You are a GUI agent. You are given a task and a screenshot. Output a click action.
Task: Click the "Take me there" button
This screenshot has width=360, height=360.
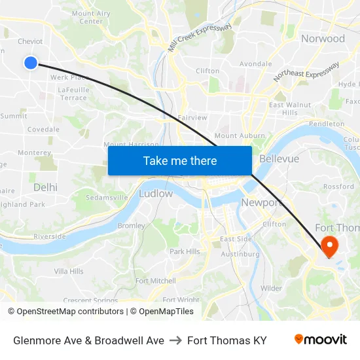180,160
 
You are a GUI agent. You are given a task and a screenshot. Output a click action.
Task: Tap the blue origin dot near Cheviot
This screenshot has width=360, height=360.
31,62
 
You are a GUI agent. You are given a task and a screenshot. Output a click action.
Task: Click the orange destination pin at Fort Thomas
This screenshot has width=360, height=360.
329,247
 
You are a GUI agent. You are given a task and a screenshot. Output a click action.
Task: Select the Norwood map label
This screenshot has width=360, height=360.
323,39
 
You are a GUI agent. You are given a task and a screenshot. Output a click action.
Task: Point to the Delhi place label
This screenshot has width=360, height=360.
45,187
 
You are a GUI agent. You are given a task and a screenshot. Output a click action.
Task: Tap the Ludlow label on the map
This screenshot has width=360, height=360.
156,193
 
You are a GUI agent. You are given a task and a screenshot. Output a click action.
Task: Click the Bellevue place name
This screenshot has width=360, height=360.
279,159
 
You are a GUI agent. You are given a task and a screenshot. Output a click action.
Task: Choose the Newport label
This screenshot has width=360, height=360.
261,202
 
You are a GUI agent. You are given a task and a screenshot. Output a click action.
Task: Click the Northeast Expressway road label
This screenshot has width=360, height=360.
306,72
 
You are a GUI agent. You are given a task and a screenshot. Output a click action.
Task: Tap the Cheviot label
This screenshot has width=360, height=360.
30,41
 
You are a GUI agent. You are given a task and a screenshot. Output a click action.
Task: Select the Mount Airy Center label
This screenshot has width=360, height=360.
91,17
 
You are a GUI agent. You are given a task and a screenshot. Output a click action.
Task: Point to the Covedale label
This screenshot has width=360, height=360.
43,130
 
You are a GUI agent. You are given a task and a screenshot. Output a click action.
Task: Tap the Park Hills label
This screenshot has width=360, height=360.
185,251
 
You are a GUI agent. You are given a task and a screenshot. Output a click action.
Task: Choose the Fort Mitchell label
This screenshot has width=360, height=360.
155,281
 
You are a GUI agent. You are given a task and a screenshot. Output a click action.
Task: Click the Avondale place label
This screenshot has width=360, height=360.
255,64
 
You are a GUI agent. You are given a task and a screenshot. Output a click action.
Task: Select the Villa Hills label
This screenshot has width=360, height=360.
68,271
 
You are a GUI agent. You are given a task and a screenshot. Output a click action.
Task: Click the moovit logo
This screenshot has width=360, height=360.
320,340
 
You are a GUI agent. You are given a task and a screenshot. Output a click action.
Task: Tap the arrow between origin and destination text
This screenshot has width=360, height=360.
175,340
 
